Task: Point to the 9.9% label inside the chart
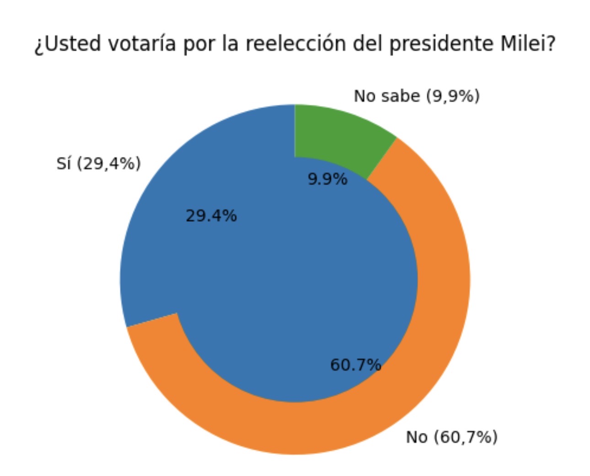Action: tap(327, 179)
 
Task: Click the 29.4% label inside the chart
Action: tap(211, 215)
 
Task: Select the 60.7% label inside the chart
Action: tap(355, 364)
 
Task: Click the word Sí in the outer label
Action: tap(64, 163)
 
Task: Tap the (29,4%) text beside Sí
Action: tap(108, 164)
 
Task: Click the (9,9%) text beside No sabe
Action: tap(453, 96)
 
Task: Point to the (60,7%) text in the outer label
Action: tap(465, 437)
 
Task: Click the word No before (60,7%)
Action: tap(417, 437)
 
